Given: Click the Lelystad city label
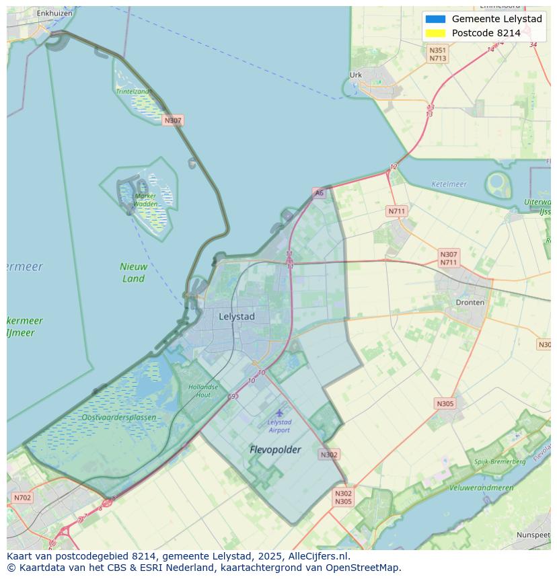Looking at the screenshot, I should [x=237, y=316].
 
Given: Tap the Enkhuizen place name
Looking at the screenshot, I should [x=54, y=13].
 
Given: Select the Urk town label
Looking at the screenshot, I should [x=356, y=75].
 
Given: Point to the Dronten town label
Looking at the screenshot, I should [x=470, y=303].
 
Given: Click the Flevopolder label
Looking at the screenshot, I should [x=275, y=449].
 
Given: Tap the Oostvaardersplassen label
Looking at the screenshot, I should [x=118, y=418].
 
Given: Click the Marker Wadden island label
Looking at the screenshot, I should [x=145, y=200].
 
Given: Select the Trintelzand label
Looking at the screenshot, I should [x=133, y=91].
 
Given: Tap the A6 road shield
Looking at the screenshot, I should [x=319, y=193].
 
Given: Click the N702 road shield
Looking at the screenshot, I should [x=22, y=498].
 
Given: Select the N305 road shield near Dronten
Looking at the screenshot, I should [x=445, y=403].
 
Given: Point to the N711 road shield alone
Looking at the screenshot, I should [x=397, y=211].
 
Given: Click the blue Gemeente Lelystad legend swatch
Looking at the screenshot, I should [x=435, y=19].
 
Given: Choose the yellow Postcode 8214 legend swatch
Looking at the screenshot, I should [x=435, y=33].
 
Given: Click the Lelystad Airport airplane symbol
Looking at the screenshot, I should [x=279, y=413].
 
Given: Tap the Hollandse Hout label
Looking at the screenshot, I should [x=203, y=391].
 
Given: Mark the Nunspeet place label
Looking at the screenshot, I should [x=533, y=535].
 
